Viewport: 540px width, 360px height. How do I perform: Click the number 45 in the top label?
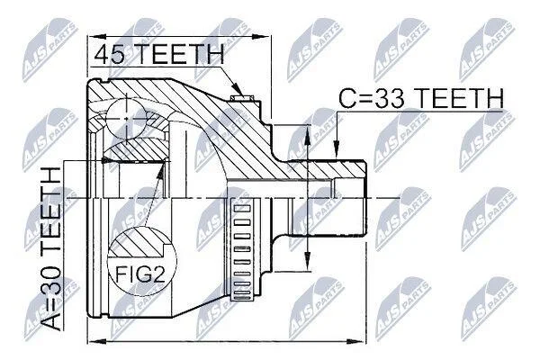point(109,54)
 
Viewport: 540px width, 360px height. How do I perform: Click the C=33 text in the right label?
point(373,97)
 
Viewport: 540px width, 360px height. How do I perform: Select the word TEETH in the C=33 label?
point(458,97)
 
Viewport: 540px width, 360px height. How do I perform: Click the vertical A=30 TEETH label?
point(51,248)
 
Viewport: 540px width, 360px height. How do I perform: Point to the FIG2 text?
point(140,274)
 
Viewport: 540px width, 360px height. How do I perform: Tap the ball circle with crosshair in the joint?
point(126,119)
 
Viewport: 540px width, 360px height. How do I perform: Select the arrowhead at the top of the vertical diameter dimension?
point(308,133)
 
